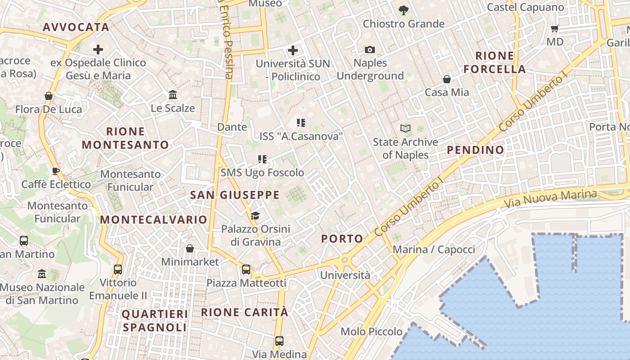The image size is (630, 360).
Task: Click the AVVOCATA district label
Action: coord(76,27)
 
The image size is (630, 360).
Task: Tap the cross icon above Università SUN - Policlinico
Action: coord(293,50)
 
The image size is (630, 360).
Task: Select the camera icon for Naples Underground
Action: coord(370,49)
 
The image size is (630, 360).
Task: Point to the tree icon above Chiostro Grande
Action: coord(403,10)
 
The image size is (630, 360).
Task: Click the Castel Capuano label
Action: coord(525,7)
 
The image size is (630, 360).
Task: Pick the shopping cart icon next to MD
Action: coord(555,28)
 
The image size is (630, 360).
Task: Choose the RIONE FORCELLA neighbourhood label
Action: coord(495,63)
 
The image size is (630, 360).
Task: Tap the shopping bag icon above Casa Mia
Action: coord(447,79)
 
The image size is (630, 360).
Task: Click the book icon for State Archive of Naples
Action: coord(405,129)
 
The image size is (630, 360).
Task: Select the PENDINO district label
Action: coord(476,150)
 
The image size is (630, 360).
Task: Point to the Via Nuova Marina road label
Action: coord(550,198)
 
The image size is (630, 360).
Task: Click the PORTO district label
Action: coord(342,239)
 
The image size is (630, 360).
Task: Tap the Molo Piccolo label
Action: coord(371,332)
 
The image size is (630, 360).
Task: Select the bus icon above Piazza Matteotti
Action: coord(246,270)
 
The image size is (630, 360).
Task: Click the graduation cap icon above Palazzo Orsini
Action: coord(255,216)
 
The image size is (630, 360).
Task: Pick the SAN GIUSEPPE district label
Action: coord(234,195)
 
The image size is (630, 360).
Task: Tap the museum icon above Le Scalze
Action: coord(173,95)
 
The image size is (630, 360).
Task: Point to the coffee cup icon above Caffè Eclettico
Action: coord(56,171)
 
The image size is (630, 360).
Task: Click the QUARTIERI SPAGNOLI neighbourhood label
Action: coord(155,320)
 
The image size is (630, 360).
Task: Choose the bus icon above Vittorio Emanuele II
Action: coord(118,270)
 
